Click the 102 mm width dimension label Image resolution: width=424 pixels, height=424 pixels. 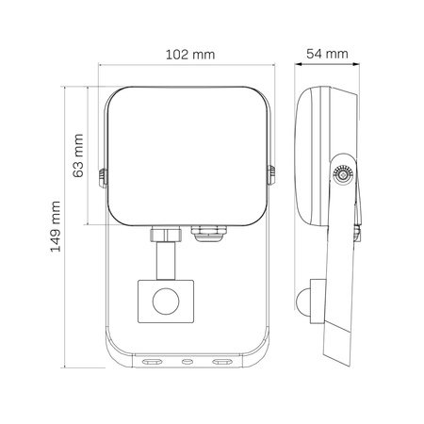click(x=190, y=55)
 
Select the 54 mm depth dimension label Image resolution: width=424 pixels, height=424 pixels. click(x=327, y=54)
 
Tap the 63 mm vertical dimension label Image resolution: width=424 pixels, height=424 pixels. click(x=78, y=155)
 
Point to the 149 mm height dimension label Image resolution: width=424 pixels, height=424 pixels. click(x=56, y=226)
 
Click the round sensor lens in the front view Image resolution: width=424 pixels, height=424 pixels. click(x=166, y=301)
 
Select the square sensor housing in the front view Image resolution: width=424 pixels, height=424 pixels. click(x=166, y=302)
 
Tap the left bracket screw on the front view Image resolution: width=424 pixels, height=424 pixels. click(x=103, y=178)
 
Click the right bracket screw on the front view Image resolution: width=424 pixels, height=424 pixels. click(x=271, y=175)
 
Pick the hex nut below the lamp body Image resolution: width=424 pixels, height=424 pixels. click(x=166, y=235)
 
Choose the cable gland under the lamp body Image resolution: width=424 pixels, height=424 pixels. click(x=208, y=234)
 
